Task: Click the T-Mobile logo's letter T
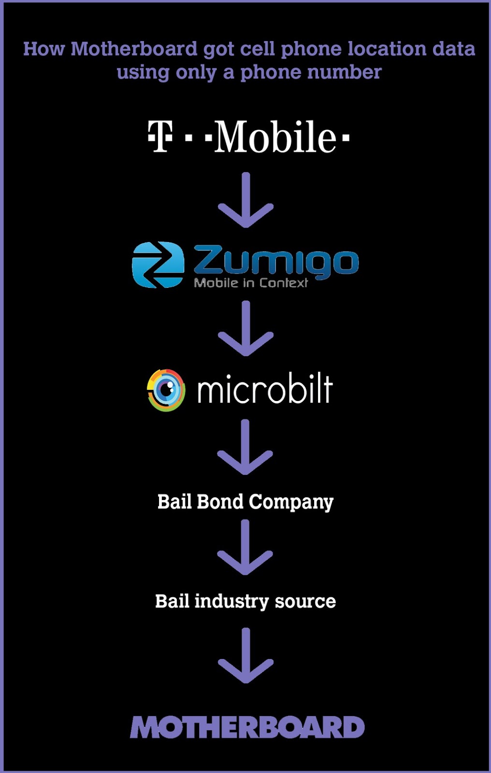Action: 160,136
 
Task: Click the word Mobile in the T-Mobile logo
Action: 275,137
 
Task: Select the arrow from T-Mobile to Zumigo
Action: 245,200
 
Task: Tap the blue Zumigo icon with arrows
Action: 158,264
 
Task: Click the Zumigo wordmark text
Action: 276,261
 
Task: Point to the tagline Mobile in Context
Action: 250,283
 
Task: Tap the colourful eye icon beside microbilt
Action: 166,390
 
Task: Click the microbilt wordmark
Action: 265,390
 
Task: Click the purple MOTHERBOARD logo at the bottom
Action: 247,727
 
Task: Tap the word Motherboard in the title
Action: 134,49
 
